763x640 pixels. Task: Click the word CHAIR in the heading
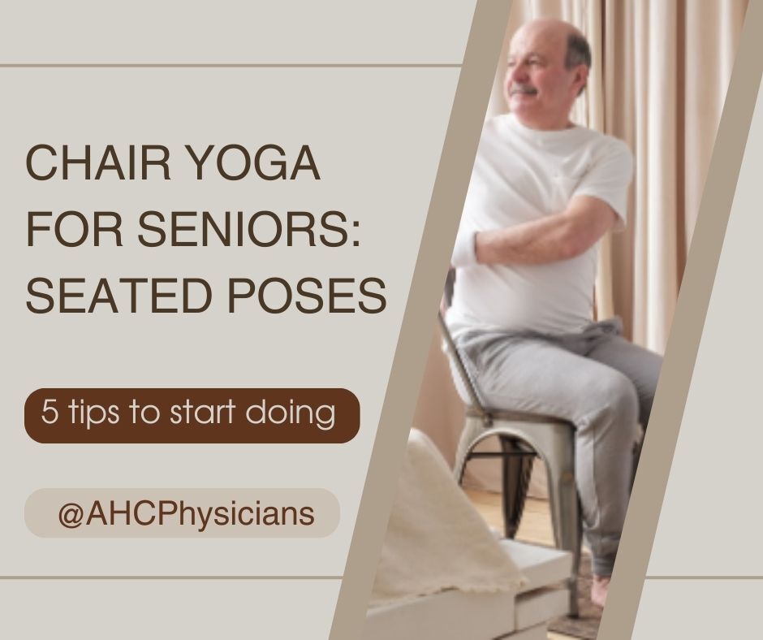(x=97, y=162)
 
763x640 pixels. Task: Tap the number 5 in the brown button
(x=50, y=412)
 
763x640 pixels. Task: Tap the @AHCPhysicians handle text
(x=187, y=515)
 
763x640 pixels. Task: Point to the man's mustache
(x=522, y=90)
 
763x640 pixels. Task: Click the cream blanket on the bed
(x=438, y=526)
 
